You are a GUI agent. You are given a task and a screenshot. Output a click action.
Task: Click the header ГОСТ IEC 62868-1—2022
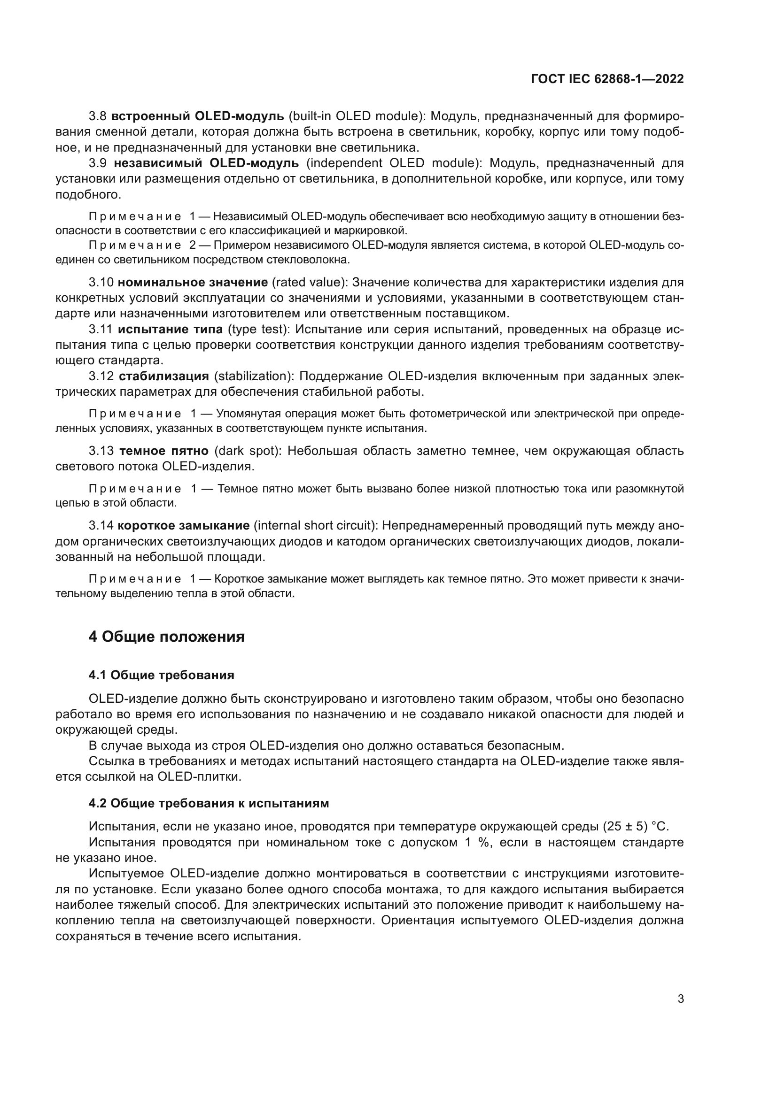pyautogui.click(x=607, y=79)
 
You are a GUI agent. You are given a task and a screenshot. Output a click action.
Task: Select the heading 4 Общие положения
pyautogui.click(x=166, y=637)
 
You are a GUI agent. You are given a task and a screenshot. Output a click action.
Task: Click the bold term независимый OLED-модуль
pyautogui.click(x=206, y=163)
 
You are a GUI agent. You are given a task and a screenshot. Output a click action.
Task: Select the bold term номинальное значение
pyautogui.click(x=193, y=282)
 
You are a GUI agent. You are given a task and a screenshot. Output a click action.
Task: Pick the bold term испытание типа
pyautogui.click(x=171, y=329)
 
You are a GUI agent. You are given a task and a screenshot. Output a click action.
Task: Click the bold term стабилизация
pyautogui.click(x=163, y=376)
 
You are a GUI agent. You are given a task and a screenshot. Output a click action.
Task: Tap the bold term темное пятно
pyautogui.click(x=163, y=451)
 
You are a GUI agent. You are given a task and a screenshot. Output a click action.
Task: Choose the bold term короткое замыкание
pyautogui.click(x=184, y=526)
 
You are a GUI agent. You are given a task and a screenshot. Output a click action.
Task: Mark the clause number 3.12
pyautogui.click(x=101, y=376)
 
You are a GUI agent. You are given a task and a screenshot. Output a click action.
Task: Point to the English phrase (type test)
pyautogui.click(x=257, y=329)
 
